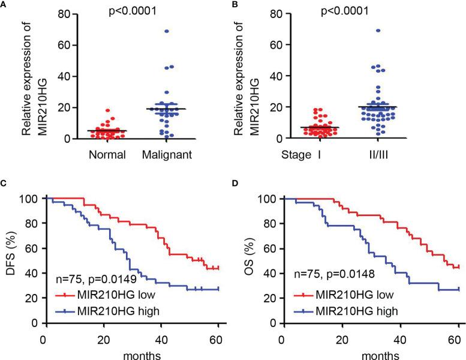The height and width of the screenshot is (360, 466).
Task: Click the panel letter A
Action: coord(4,4)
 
